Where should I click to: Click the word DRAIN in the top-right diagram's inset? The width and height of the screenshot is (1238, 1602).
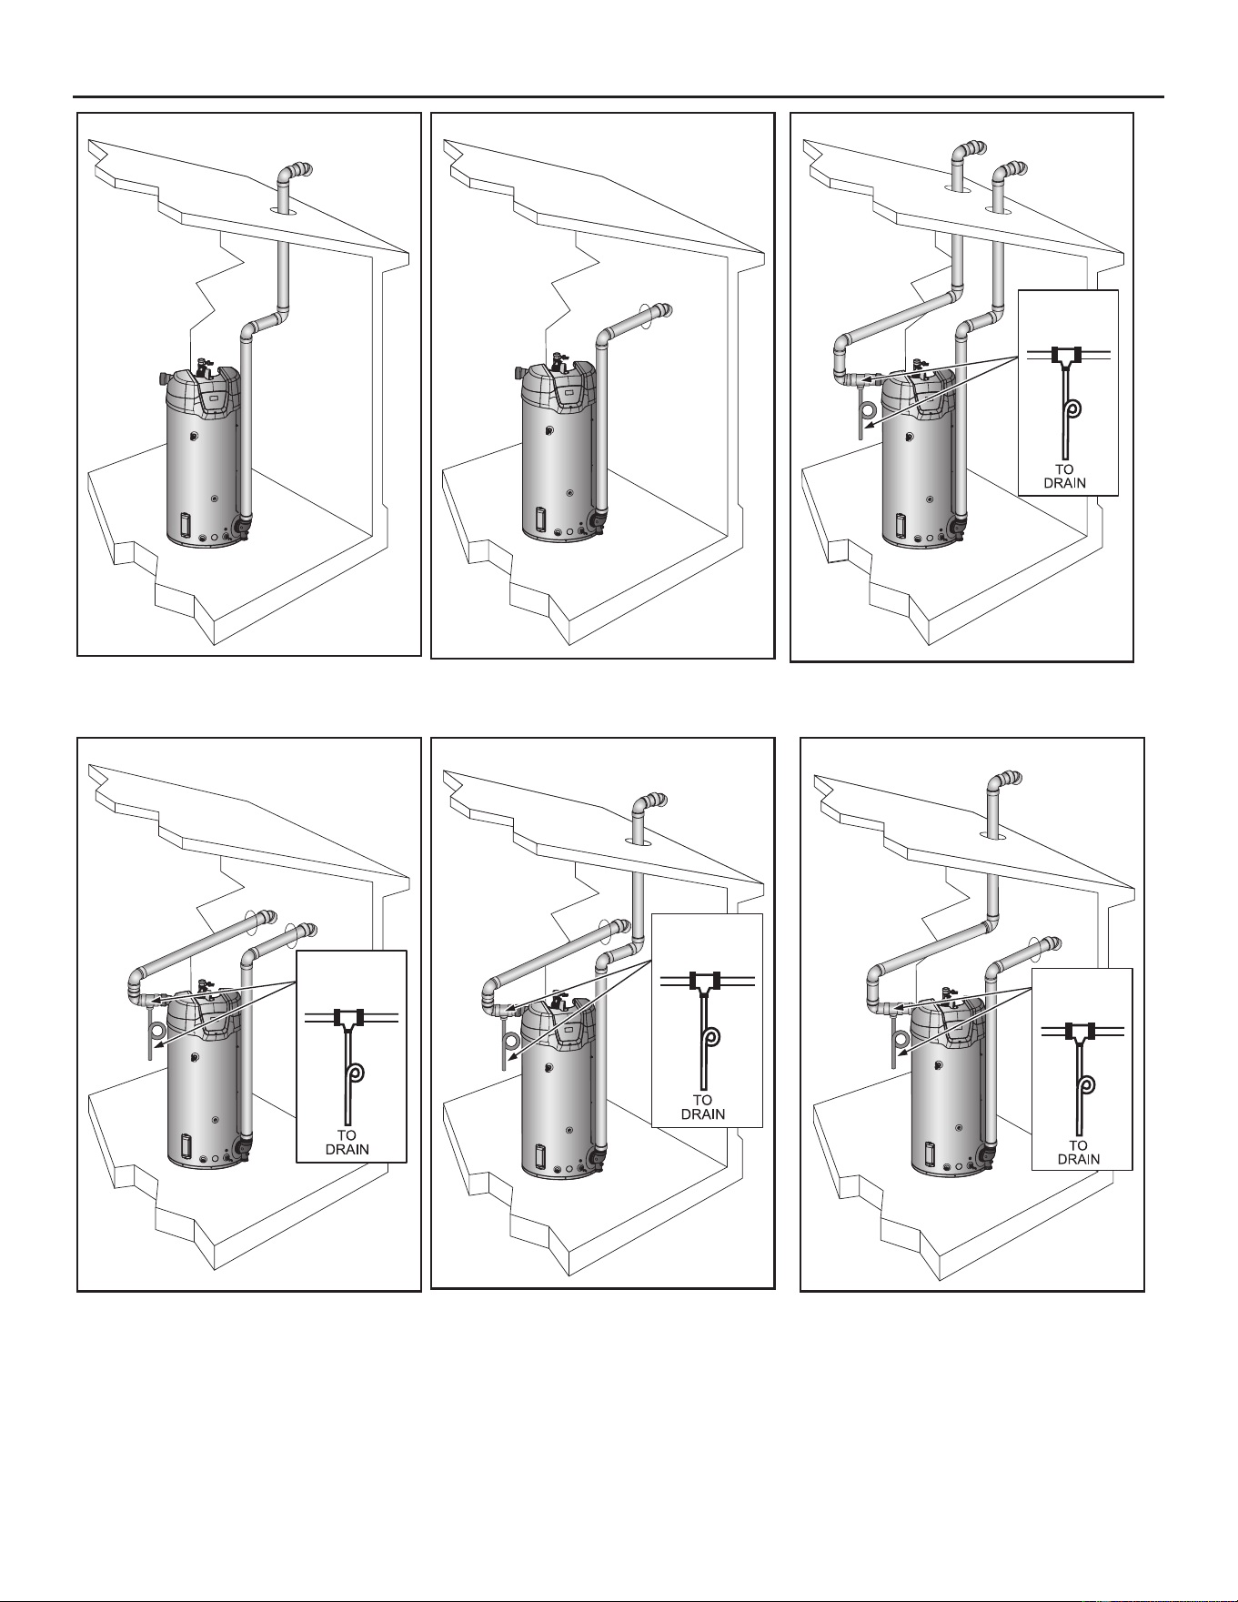(x=1064, y=483)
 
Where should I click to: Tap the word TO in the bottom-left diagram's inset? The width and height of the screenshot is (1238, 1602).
(x=347, y=1135)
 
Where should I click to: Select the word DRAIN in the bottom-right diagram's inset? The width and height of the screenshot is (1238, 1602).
(x=1079, y=1159)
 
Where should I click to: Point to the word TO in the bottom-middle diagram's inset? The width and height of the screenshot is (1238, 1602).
(x=702, y=1101)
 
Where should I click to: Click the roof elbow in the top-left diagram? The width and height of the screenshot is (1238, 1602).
(x=295, y=172)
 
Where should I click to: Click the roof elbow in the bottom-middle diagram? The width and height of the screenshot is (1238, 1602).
(x=649, y=803)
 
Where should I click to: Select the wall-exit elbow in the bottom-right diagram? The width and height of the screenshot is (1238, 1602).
(x=1046, y=946)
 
